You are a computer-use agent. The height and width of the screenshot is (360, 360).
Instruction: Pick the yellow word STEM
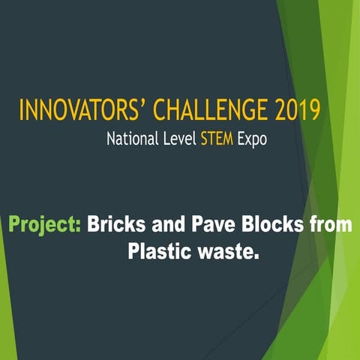coord(217,139)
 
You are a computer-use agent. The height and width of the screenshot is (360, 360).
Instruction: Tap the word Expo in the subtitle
coord(253,140)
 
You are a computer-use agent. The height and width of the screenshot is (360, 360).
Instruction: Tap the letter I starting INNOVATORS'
coord(22,111)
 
